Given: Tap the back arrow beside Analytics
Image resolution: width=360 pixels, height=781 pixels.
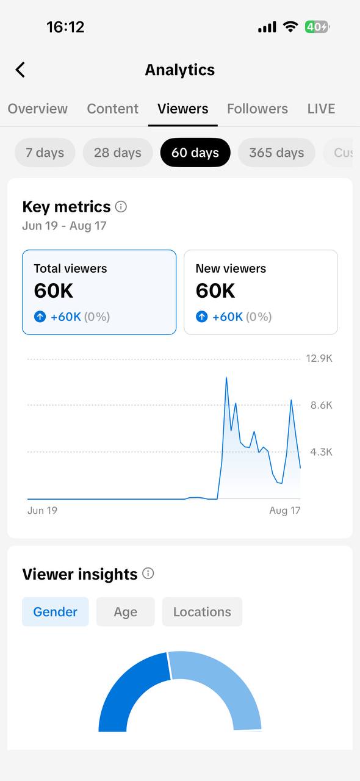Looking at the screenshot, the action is point(20,70).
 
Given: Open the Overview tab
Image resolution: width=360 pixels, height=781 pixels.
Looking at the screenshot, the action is point(38,109).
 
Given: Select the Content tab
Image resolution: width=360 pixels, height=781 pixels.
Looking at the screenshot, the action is point(113,109).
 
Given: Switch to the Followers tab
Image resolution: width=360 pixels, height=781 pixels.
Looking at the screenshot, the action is point(257,109).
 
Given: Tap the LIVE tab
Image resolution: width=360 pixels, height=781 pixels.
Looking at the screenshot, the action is point(322,109).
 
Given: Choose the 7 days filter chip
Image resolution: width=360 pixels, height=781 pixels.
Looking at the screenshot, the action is point(45,153).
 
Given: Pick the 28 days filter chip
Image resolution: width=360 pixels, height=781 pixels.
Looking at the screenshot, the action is point(118,153).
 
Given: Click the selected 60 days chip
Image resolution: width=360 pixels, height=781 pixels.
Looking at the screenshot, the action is point(195,153).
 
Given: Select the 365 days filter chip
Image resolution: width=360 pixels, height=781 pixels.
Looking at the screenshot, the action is point(276,153).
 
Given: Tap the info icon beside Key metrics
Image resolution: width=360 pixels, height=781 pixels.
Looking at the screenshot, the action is point(121,207).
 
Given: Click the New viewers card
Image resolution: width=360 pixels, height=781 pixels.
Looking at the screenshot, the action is point(261,292).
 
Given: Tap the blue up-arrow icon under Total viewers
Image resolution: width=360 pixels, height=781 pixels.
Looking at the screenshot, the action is point(40,317).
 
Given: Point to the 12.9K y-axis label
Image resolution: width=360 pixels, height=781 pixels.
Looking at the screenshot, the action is point(319,358).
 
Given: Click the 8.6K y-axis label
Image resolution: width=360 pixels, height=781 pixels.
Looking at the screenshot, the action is point(322,405).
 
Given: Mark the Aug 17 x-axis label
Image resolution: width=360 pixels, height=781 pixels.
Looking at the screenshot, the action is point(285,511).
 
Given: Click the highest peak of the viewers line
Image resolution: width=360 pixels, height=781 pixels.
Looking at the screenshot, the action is point(226,378).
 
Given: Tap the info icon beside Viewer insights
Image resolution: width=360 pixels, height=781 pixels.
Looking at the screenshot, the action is point(148,573).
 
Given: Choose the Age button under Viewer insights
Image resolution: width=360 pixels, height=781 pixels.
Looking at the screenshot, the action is point(126,611).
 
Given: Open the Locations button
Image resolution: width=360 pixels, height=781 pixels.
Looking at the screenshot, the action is point(203,611).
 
